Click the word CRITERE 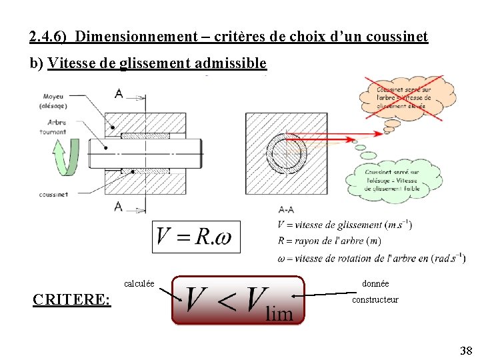coord(71,299)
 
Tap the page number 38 coord(465,351)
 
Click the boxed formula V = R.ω coord(195,236)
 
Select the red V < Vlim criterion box coord(238,301)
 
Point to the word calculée coord(139,284)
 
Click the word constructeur coord(375,300)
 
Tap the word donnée coord(375,284)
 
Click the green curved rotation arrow coord(64,157)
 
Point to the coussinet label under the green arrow coord(54,195)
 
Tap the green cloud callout coord(394,179)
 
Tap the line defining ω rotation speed coord(371,258)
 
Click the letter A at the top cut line coord(119,94)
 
